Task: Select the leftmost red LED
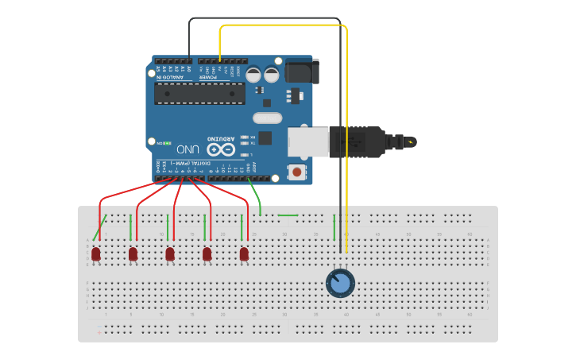tap(96, 254)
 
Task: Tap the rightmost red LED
tap(244, 254)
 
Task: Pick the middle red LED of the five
tap(170, 254)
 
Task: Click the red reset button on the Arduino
tap(297, 171)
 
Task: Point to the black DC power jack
tap(303, 72)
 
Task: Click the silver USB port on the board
tap(308, 141)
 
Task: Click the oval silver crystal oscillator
tap(268, 118)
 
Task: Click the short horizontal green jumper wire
tap(288, 215)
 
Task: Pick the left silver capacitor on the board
tap(253, 75)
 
